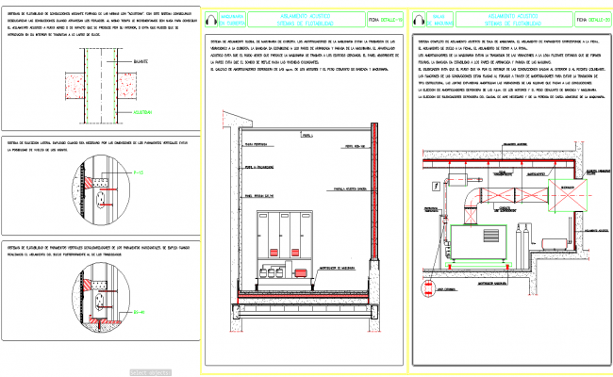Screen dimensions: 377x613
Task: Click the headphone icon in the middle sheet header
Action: [x=212, y=18]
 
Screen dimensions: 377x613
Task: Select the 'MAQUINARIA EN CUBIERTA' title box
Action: [x=236, y=19]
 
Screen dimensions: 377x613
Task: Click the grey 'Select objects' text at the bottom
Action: [x=151, y=372]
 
